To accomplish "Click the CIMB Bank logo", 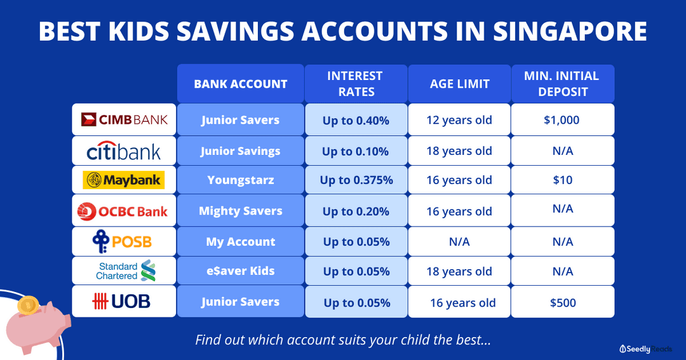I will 124,119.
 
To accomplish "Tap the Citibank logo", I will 124,150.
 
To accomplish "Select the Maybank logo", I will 124,180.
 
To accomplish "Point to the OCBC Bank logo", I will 124,210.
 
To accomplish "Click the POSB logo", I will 124,241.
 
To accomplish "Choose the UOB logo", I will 124,302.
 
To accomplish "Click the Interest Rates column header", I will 356,84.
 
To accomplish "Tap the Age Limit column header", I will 459,84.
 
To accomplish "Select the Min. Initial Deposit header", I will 562,84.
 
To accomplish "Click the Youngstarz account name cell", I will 240,180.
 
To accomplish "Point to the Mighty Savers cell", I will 240,211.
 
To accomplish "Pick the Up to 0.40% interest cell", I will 356,120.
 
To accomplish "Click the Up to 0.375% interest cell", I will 356,180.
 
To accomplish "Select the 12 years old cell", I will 459,120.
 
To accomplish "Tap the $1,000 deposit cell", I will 562,120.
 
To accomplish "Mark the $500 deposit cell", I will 562,302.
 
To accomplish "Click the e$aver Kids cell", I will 240,271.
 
